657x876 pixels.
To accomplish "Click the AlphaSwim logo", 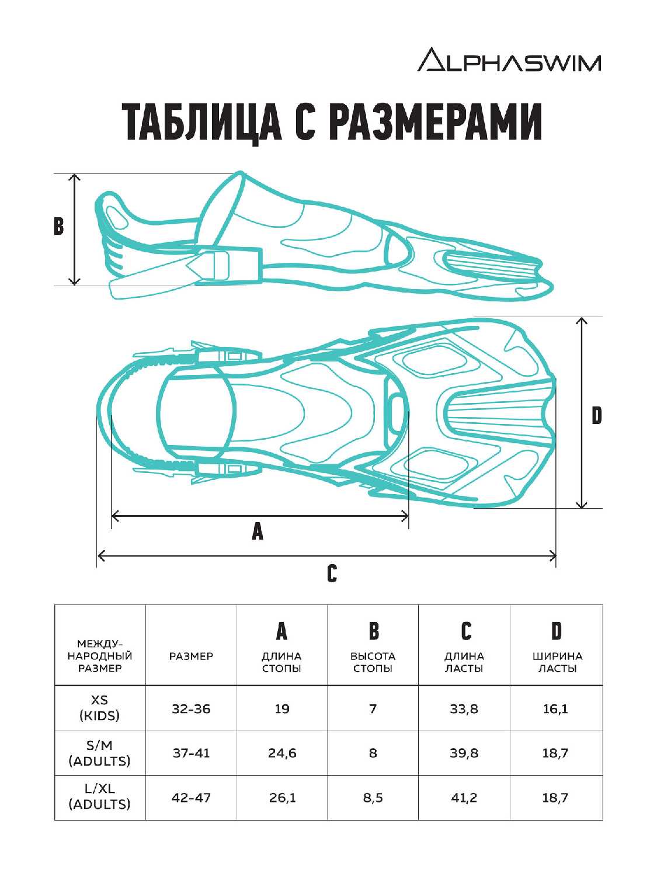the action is pos(509,60).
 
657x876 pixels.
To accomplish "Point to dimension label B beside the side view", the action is pos(58,226).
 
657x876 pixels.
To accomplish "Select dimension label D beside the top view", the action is pos(596,416).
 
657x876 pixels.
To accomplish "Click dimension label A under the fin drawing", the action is pos(258,531).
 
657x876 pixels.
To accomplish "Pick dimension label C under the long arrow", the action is pos(332,573).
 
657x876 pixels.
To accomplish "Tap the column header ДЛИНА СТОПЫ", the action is pos(281,662).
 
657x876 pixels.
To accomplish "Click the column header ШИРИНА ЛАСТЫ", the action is pos(557,662).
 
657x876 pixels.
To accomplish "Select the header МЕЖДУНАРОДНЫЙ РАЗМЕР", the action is pos(100,656).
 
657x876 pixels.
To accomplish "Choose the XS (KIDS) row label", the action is pos(100,708).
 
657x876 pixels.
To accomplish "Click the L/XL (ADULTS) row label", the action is pos(100,797).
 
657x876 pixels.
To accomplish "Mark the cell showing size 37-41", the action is pos(191,753).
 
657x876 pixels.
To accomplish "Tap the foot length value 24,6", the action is pos(282,753).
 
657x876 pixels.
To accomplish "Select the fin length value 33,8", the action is pos(464,709).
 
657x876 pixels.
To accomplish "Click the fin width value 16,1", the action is pos(555,709).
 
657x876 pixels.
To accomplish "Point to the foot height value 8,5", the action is pos(373,798).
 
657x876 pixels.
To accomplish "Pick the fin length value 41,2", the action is pos(464,798).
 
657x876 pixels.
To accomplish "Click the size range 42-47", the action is pos(191,797).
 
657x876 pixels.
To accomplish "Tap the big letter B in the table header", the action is pos(373,631).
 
